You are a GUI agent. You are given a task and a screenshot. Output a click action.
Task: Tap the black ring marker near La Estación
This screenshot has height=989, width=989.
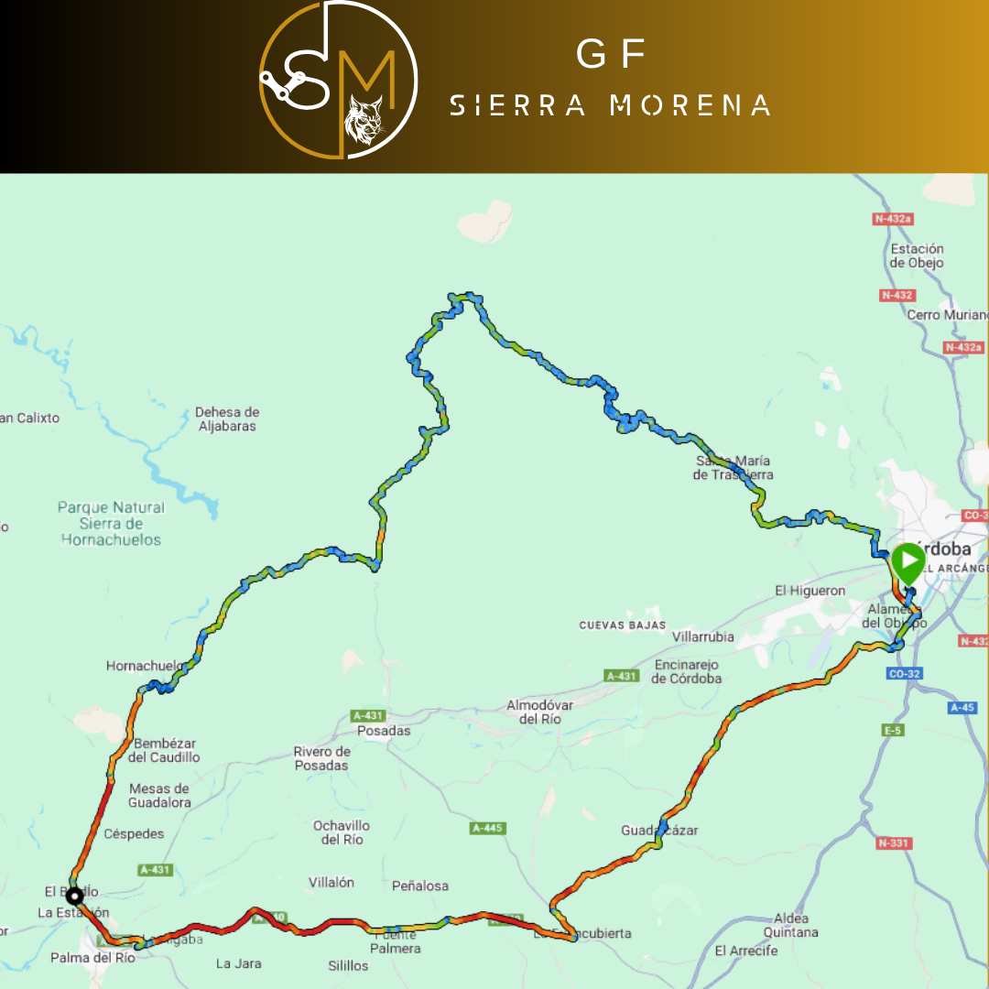point(73,895)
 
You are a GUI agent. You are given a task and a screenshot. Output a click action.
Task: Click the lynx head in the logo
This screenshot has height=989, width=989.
point(364,121)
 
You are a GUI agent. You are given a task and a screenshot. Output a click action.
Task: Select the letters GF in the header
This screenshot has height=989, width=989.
point(611,56)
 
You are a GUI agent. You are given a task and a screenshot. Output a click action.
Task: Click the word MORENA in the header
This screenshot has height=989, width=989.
point(690,105)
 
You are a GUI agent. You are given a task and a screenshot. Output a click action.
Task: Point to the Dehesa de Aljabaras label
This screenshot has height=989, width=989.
point(226,419)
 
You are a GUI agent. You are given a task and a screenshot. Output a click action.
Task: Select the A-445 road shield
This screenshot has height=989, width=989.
point(487,828)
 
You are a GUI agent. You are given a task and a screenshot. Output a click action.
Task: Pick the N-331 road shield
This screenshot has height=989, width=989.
point(894,842)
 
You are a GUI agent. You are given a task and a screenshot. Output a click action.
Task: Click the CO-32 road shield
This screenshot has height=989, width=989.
point(905,674)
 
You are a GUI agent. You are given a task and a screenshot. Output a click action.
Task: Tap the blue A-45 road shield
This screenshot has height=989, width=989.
point(962,707)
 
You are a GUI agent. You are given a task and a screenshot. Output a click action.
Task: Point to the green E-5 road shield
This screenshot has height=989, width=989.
point(893,730)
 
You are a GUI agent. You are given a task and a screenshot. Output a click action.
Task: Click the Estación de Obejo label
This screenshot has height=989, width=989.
point(917,255)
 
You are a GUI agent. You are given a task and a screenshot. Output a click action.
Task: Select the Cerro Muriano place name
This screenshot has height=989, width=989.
point(947,315)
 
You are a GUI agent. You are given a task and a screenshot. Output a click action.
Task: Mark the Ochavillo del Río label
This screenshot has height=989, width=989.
point(342,832)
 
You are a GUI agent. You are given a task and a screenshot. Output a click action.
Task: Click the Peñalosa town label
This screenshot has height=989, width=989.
point(420,886)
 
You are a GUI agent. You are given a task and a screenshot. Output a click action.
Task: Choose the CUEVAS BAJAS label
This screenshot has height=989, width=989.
point(621,625)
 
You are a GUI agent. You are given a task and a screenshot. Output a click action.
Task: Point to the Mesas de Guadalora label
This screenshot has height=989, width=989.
point(160,795)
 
